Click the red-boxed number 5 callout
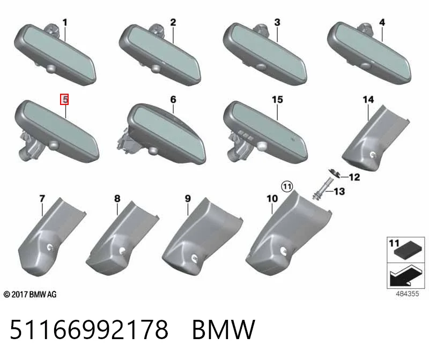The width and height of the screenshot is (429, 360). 64,99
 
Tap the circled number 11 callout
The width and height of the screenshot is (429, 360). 287,187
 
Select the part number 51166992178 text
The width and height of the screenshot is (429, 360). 89,329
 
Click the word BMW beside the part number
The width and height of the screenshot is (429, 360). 224,329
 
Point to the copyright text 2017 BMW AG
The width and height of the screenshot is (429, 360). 30,295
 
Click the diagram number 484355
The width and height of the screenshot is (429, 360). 407,294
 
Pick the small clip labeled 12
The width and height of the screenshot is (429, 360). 334,173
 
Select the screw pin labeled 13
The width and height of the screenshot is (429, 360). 322,189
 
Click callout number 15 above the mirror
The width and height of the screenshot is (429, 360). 277,100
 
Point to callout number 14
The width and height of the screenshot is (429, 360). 368,100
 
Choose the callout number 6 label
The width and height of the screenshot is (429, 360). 173,100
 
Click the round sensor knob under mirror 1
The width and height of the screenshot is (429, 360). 51,69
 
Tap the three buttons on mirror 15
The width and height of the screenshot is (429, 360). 245,136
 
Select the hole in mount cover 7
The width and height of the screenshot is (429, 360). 50,247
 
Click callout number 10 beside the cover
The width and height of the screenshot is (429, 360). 272,198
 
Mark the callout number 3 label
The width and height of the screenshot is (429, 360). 277,22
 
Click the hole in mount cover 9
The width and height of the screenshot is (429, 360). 195,257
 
